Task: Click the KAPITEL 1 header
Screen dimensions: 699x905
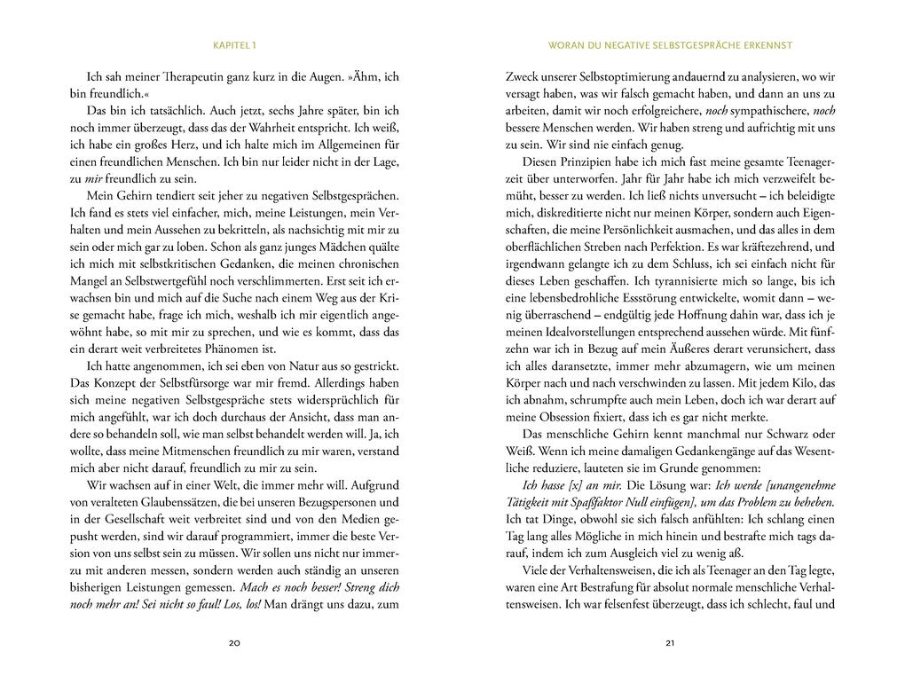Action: point(234,43)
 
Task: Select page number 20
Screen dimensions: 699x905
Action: point(234,643)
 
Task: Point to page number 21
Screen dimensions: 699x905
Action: point(670,643)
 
